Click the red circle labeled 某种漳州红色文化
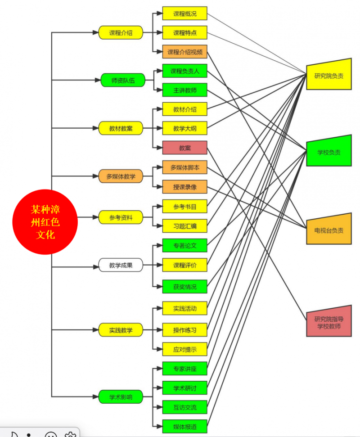45,222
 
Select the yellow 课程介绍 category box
121,32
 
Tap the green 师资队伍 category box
122,81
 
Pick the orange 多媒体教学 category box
121,176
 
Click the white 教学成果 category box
121,265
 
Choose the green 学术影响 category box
121,397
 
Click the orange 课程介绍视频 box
184,52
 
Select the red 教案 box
184,148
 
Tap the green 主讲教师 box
184,90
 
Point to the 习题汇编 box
184,225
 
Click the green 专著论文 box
184,246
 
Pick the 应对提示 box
184,349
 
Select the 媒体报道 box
184,426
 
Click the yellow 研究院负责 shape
328,75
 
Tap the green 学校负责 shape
328,152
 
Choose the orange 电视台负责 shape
328,230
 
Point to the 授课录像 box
184,186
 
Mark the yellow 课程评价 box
184,265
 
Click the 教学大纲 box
184,129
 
